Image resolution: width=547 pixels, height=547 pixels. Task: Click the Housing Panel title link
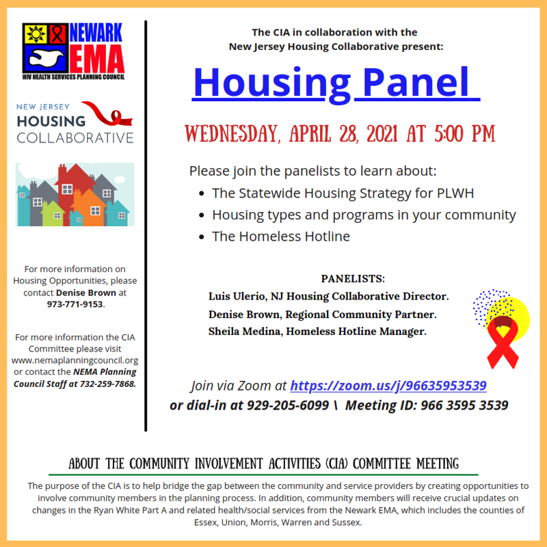(332, 82)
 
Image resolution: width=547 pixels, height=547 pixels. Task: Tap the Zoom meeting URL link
(388, 386)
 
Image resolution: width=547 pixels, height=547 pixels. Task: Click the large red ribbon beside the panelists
(502, 342)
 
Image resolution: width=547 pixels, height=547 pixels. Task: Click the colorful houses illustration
(75, 195)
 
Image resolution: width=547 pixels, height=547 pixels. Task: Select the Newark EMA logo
(74, 51)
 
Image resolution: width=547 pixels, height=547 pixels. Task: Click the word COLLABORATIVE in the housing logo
(75, 137)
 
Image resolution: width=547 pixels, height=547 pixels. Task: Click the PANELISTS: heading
(353, 279)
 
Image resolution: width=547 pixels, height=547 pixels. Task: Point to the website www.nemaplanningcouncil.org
(75, 360)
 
